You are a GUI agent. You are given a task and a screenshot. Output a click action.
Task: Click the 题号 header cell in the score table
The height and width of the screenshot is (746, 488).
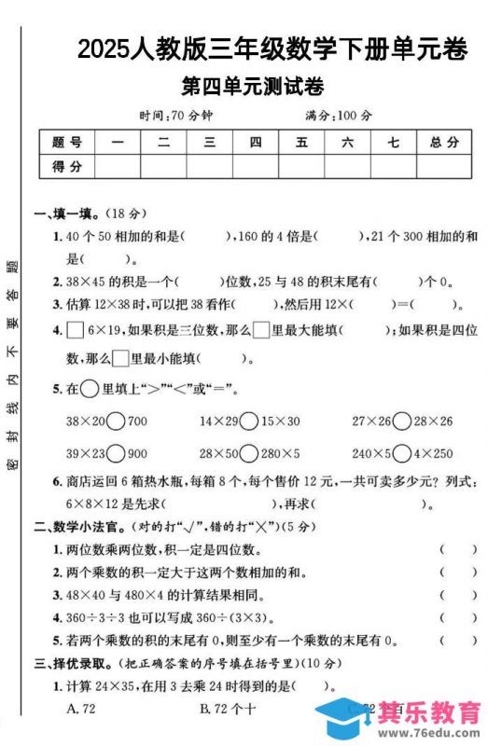(x=67, y=143)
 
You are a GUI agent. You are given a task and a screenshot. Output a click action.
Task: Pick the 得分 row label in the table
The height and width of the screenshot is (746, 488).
(x=67, y=166)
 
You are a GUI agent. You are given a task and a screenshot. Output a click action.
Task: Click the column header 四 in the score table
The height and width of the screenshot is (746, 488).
(x=255, y=143)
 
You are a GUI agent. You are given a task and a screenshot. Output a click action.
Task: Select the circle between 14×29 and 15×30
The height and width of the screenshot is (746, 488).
(x=249, y=421)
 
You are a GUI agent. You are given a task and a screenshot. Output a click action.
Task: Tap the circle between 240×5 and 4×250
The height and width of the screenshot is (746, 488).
(x=401, y=454)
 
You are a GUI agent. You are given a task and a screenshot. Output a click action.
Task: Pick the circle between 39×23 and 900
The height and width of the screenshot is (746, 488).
(x=117, y=454)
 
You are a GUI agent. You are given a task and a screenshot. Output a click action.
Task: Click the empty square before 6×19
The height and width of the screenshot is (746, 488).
(x=75, y=330)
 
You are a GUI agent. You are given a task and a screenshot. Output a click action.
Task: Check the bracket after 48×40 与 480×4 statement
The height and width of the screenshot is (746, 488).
(x=457, y=595)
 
